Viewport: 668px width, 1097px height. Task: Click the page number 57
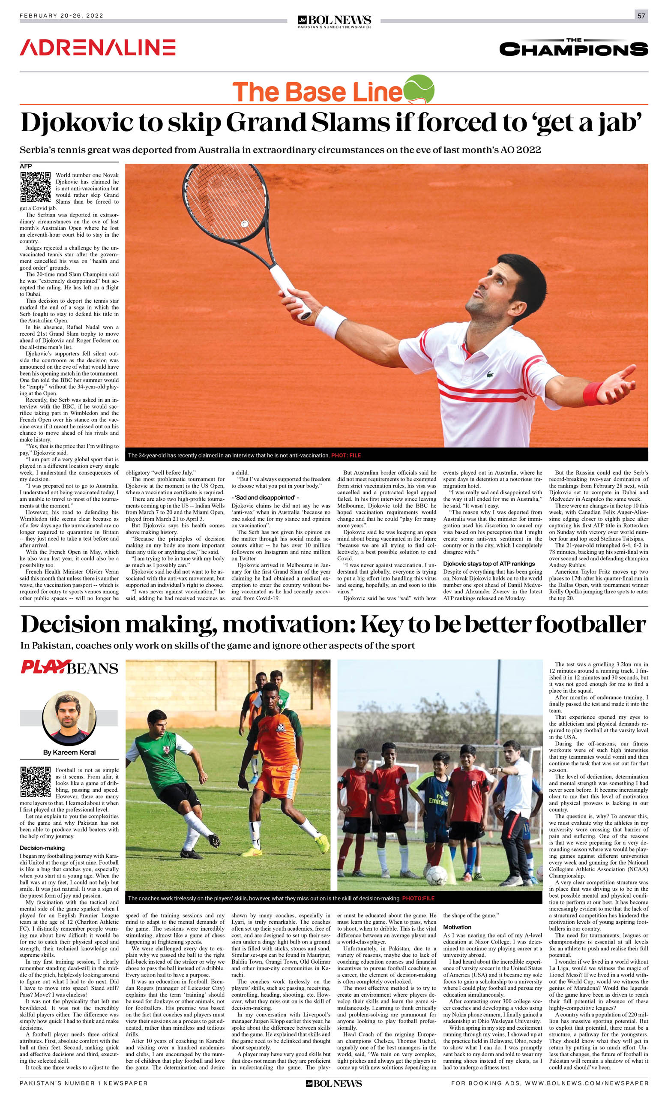(x=641, y=15)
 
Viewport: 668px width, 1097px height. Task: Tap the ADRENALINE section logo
(x=97, y=48)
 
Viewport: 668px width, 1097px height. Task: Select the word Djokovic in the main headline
(x=76, y=123)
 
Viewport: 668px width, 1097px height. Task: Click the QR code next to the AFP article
(x=35, y=187)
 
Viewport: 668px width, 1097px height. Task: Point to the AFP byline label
(x=26, y=166)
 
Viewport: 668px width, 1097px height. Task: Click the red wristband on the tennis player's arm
(x=592, y=394)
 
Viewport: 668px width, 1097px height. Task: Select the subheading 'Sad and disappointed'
(x=265, y=497)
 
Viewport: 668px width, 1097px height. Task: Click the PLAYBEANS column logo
(x=69, y=668)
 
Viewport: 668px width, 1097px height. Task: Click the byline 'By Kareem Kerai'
(x=69, y=752)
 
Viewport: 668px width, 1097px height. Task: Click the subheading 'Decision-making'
(x=42, y=848)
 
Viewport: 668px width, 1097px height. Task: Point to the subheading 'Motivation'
(x=457, y=927)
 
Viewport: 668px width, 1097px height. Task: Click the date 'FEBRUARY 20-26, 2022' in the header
(x=61, y=15)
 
